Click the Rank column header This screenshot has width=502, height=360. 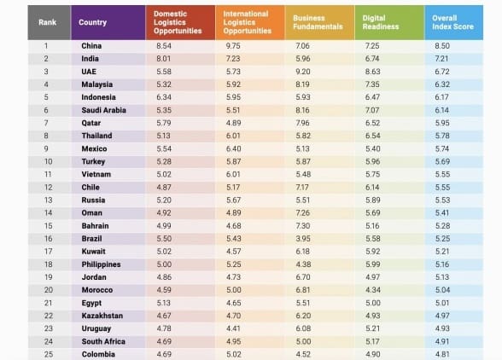coord(48,22)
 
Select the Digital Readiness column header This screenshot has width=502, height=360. coord(381,22)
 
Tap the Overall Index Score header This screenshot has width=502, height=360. coord(452,22)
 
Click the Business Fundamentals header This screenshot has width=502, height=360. coord(318,22)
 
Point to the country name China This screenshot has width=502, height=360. coord(91,46)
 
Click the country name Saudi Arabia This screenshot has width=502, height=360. coord(104,110)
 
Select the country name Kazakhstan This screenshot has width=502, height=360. coord(102,316)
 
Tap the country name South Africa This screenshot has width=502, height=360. coord(103,341)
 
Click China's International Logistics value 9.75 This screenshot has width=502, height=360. coord(233,46)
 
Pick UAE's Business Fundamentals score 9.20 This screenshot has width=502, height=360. coord(303,72)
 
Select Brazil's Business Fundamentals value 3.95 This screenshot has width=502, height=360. coord(303,239)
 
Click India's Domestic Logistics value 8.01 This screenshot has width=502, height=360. coord(164,59)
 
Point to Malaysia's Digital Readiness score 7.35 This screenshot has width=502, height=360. coord(372,84)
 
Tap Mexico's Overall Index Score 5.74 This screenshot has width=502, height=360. coord(442,148)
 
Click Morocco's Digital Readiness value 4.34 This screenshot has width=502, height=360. coord(373,290)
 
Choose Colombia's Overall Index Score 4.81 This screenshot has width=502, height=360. coord(442,354)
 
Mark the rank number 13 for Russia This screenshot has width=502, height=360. coord(49,200)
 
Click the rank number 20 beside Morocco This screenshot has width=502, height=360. coord(49,290)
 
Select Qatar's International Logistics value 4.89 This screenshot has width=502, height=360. coord(234,123)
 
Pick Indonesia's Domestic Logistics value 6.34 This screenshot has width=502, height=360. coord(164,97)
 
